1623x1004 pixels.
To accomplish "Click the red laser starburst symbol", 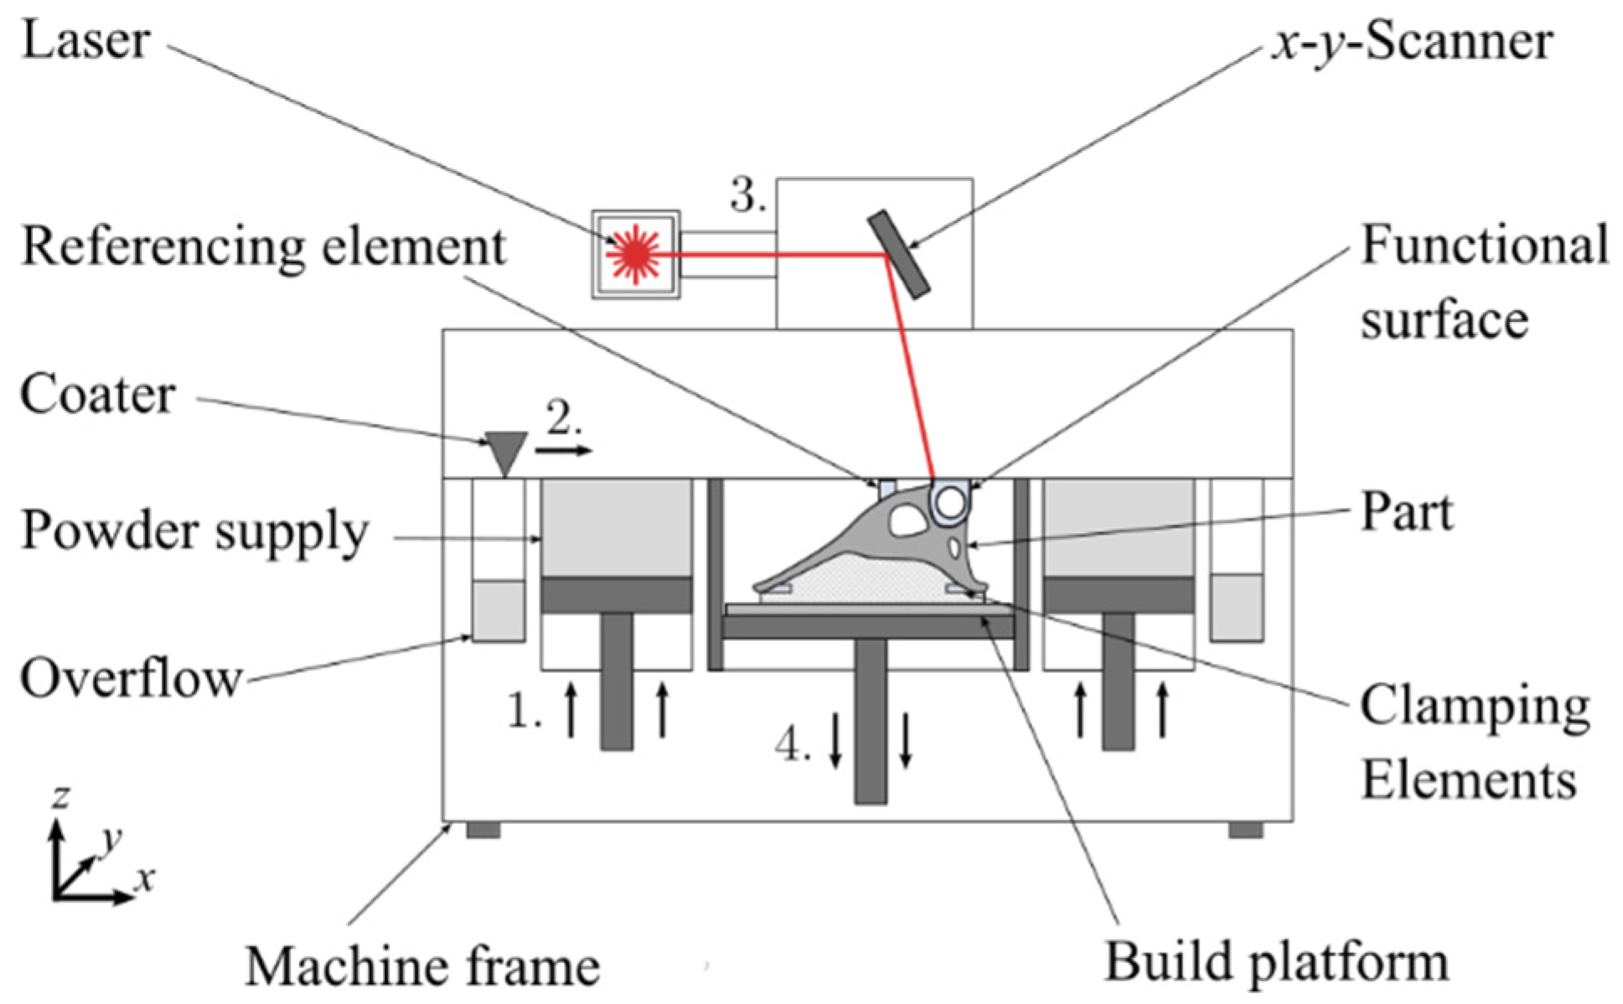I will coord(635,254).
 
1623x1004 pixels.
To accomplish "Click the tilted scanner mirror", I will coord(899,254).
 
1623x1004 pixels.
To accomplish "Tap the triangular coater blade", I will coord(506,451).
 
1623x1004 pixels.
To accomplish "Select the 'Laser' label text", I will coord(85,40).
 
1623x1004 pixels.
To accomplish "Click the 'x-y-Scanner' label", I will coord(1413,42).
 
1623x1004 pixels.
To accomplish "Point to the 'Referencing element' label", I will coord(263,246).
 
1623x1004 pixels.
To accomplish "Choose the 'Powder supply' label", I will coord(194,531).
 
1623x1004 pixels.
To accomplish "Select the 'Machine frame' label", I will coord(422,966).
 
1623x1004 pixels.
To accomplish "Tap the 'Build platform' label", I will coord(1276,961).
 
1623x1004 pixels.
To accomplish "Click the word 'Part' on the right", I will coord(1406,511).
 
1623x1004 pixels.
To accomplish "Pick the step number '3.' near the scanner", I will coord(747,196).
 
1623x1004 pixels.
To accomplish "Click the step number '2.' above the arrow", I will coord(564,417).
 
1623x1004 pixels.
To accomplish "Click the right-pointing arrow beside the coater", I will coord(563,451).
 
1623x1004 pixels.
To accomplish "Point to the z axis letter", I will coord(59,795).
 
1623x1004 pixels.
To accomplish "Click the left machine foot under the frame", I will coord(483,830).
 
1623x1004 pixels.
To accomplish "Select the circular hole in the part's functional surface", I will coord(950,503).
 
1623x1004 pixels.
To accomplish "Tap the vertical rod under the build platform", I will coord(871,721).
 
